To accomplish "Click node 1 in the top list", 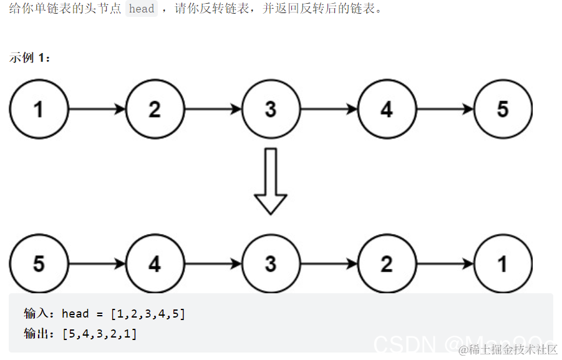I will (x=39, y=109).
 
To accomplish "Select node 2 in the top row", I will (x=155, y=109).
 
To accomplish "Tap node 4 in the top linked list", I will (x=387, y=109).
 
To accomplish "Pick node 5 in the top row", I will (x=503, y=109).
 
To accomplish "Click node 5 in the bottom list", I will (x=39, y=263).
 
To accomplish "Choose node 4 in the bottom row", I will (x=155, y=263).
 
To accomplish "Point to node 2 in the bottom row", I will (x=387, y=263).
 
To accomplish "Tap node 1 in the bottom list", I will (x=503, y=263).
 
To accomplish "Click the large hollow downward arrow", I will (x=271, y=181).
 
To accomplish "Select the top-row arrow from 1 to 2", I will (x=97, y=109).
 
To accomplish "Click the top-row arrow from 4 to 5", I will (x=445, y=109).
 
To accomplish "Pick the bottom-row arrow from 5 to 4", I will (x=97, y=263).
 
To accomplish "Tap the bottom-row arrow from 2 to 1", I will (x=445, y=263).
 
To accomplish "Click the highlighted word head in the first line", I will (x=142, y=9).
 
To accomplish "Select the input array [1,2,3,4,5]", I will (x=148, y=314).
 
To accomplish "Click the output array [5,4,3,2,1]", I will (x=100, y=334).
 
